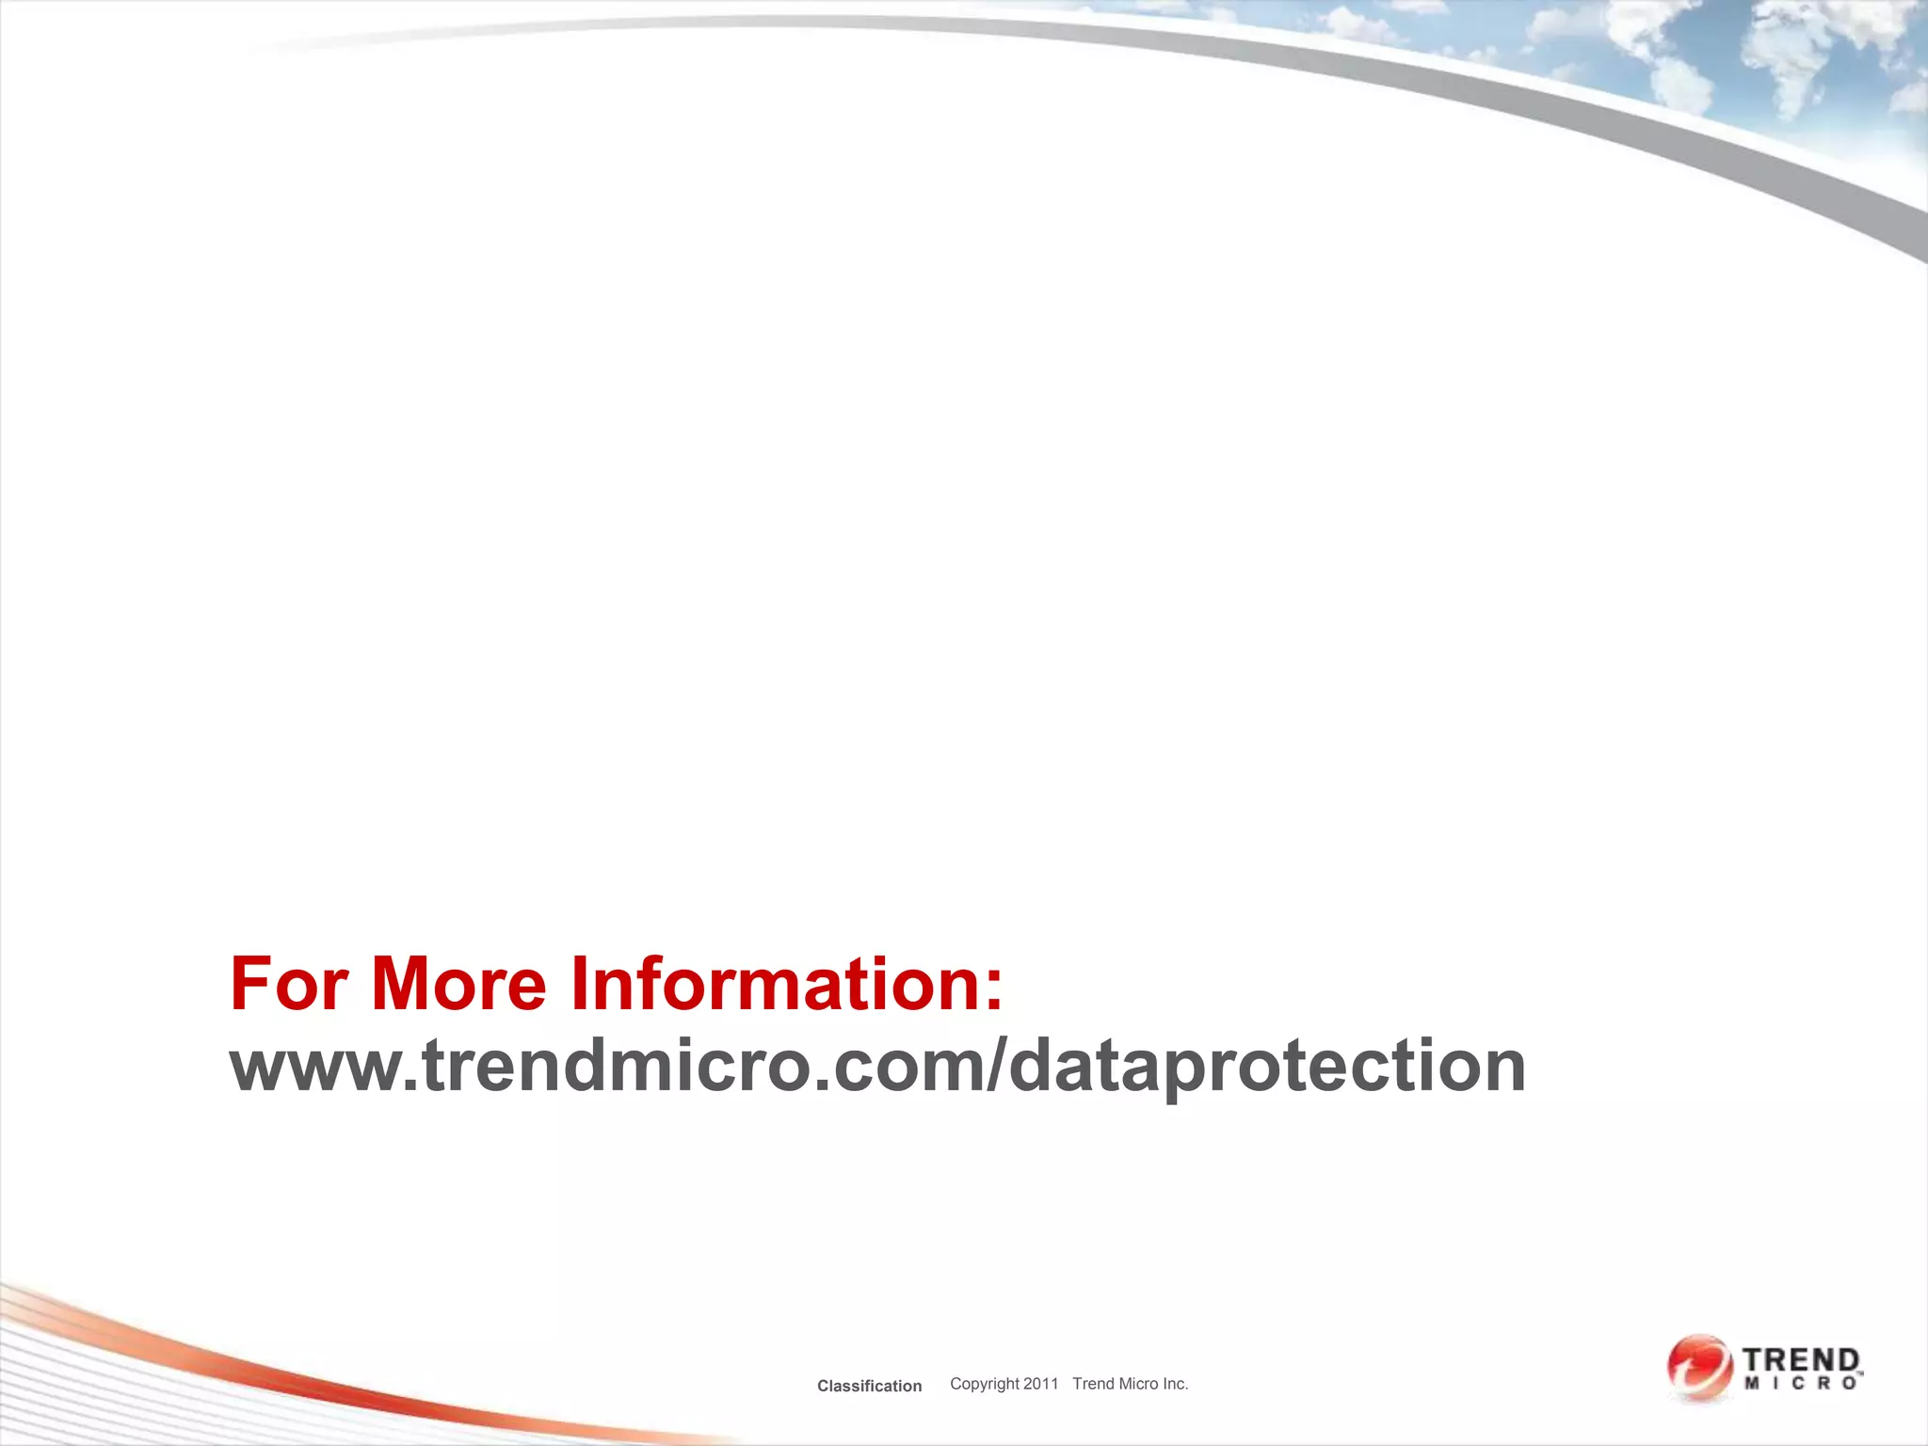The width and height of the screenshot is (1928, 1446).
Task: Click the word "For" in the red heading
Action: click(x=289, y=985)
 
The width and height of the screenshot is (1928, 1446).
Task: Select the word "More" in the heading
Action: click(x=458, y=985)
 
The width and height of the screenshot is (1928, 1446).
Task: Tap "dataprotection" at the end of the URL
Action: click(x=1266, y=1068)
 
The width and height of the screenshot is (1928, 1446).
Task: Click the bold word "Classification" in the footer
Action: click(x=869, y=1386)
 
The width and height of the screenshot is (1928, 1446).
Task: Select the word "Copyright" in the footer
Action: click(x=984, y=1384)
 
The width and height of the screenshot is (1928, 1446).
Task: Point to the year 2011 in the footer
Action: click(x=1041, y=1383)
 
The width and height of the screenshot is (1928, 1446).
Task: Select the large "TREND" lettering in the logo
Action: click(x=1800, y=1360)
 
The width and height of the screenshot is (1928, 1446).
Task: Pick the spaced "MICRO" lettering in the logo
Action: click(x=1800, y=1384)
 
